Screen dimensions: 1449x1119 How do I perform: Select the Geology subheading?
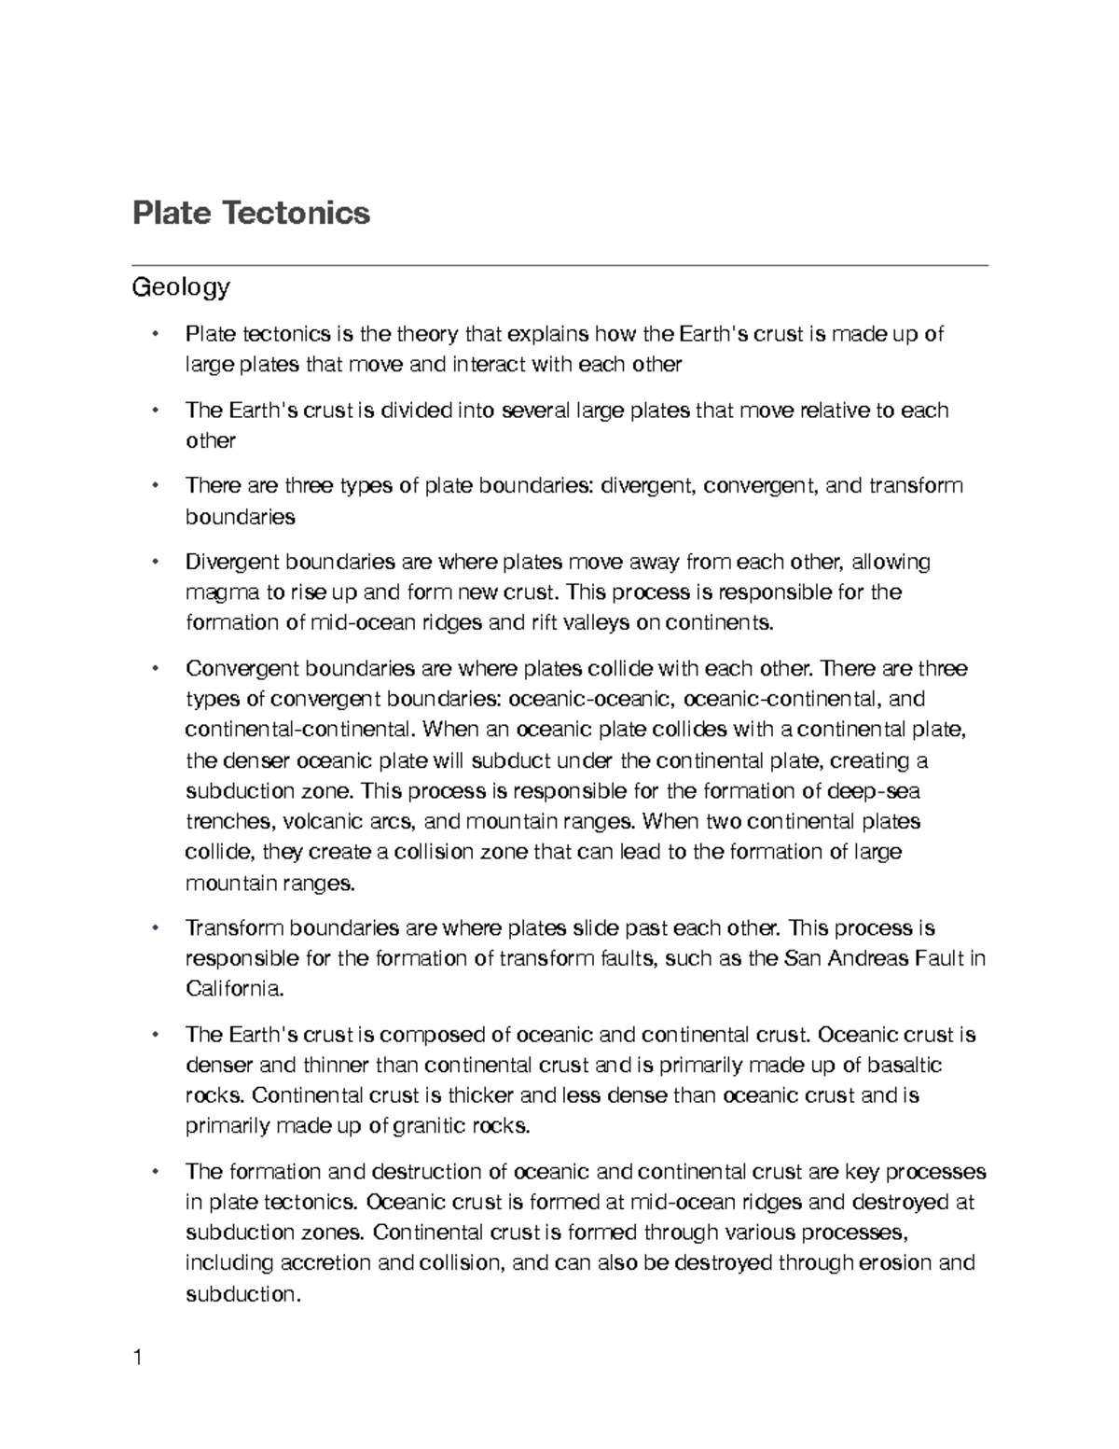coord(181,287)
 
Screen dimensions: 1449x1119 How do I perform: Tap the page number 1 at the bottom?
coord(138,1358)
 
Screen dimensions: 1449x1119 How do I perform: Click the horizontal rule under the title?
coord(559,265)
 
